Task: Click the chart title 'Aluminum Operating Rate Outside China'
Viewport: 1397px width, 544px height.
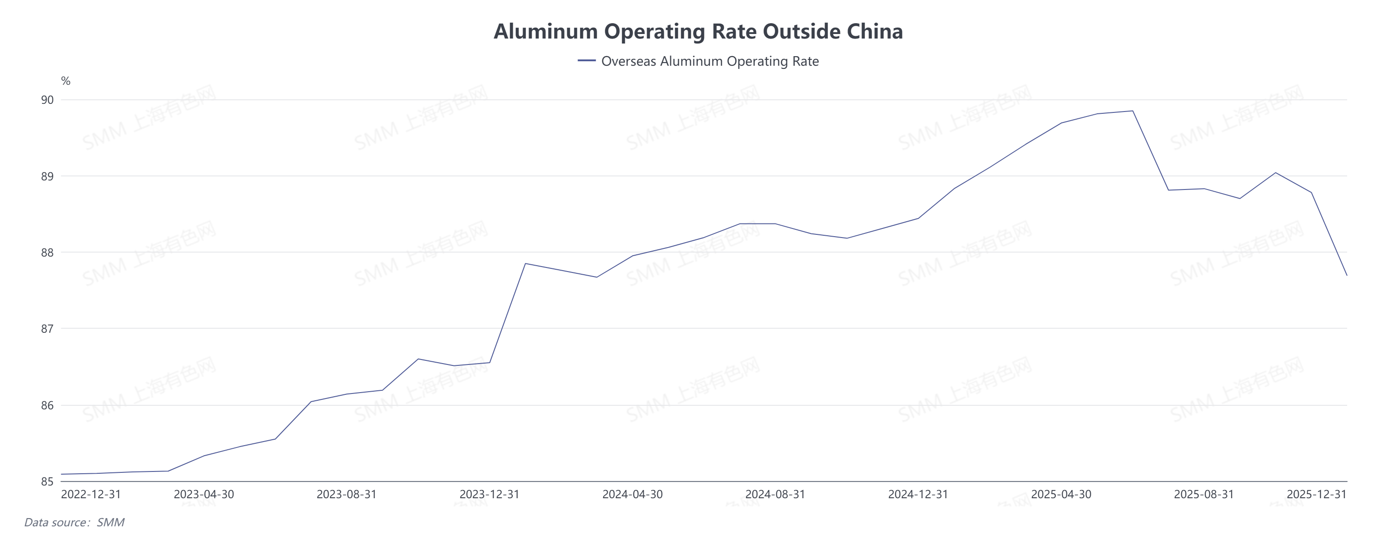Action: pyautogui.click(x=698, y=31)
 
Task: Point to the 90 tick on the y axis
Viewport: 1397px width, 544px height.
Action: pyautogui.click(x=48, y=100)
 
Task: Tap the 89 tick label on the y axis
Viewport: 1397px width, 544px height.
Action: pyautogui.click(x=48, y=176)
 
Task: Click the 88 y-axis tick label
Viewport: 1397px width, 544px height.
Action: pyautogui.click(x=48, y=253)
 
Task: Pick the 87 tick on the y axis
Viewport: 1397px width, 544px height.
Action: pyautogui.click(x=48, y=329)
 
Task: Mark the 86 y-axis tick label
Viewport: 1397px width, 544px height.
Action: pyautogui.click(x=48, y=406)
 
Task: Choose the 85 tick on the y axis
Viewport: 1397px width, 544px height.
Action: pyautogui.click(x=48, y=481)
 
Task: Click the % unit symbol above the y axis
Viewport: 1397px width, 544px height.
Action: pyautogui.click(x=66, y=81)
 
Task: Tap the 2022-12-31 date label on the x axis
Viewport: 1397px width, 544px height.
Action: pyautogui.click(x=91, y=495)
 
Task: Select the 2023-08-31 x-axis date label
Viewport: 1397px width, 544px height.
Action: pyautogui.click(x=347, y=495)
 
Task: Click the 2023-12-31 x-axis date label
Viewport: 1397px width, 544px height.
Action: pyautogui.click(x=489, y=495)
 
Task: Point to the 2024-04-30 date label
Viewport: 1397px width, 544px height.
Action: pyautogui.click(x=632, y=495)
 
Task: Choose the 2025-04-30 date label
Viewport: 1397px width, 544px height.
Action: pyautogui.click(x=1061, y=495)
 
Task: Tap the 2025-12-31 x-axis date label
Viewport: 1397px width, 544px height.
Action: pyautogui.click(x=1316, y=495)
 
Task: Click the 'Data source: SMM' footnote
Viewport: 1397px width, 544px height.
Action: pyautogui.click(x=74, y=522)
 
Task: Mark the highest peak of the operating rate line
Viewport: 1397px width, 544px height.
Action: pyautogui.click(x=1132, y=111)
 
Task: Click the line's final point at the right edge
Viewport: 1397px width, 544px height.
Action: pyautogui.click(x=1347, y=275)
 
